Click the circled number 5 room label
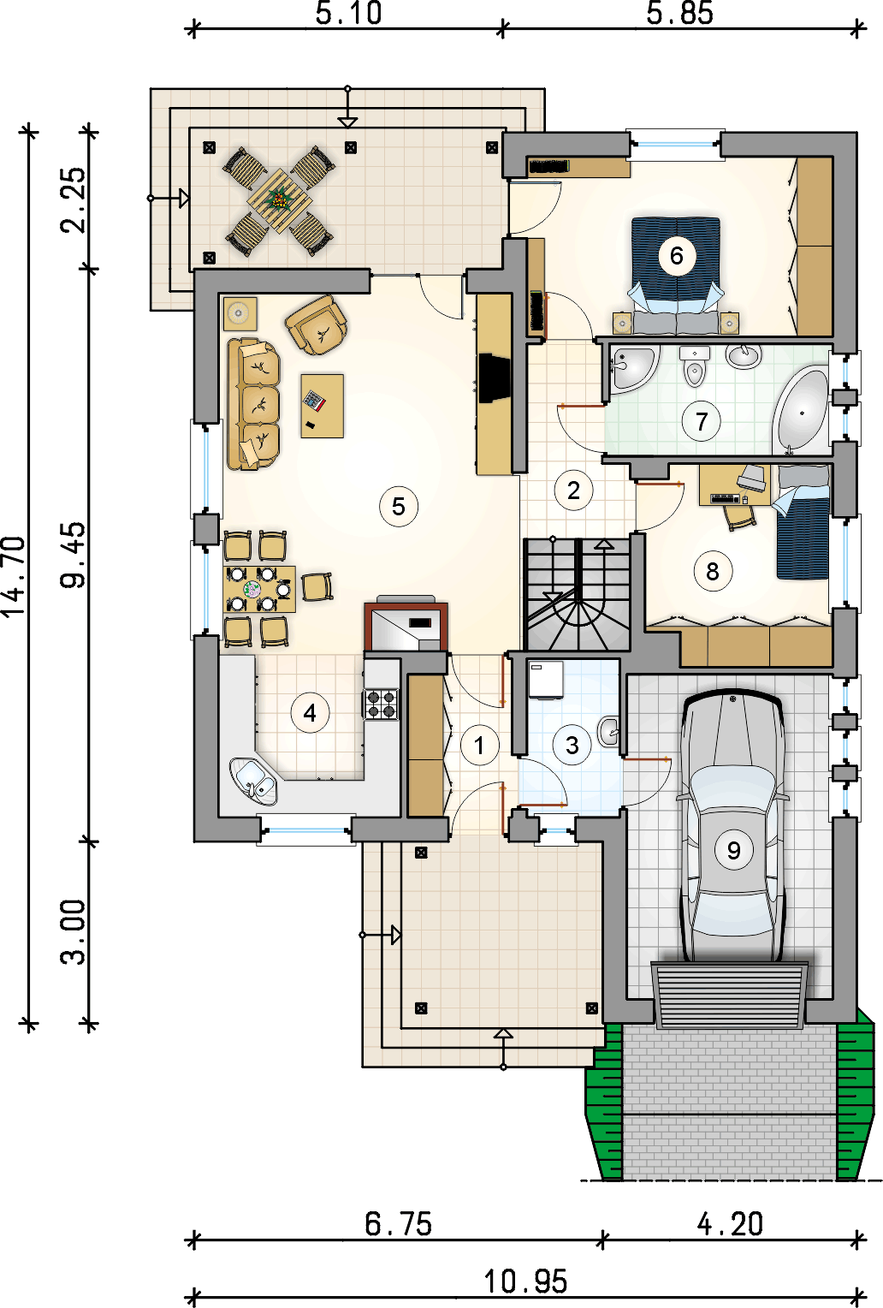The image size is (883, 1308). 398,506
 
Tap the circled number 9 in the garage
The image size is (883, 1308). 733,850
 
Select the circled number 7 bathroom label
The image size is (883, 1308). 701,421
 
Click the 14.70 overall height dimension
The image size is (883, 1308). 14,576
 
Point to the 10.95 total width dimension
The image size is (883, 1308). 525,1282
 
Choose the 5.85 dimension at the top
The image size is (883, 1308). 679,14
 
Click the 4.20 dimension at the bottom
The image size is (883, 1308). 730,1223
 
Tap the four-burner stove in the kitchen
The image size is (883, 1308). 381,704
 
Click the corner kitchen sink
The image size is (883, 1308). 253,781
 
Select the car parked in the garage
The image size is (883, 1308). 732,826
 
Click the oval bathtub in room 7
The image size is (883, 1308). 801,411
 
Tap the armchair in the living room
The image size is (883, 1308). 317,325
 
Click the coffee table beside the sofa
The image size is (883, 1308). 323,406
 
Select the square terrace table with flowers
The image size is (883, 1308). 278,201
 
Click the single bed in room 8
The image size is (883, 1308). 802,521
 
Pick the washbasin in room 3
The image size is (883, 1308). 608,730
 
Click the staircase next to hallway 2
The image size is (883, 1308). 578,594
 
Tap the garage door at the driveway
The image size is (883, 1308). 730,995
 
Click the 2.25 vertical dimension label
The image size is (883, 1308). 74,200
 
